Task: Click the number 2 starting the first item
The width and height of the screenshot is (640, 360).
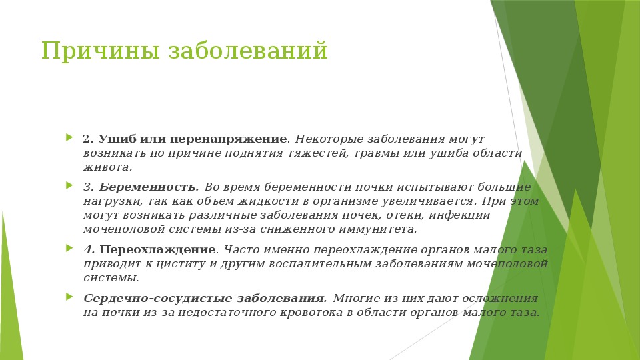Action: coord(87,139)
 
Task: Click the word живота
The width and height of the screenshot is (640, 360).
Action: coord(106,167)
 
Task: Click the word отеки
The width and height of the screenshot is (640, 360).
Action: coord(391,215)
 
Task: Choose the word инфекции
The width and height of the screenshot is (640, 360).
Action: coord(460,215)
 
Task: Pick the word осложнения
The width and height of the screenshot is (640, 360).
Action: coord(500,298)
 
